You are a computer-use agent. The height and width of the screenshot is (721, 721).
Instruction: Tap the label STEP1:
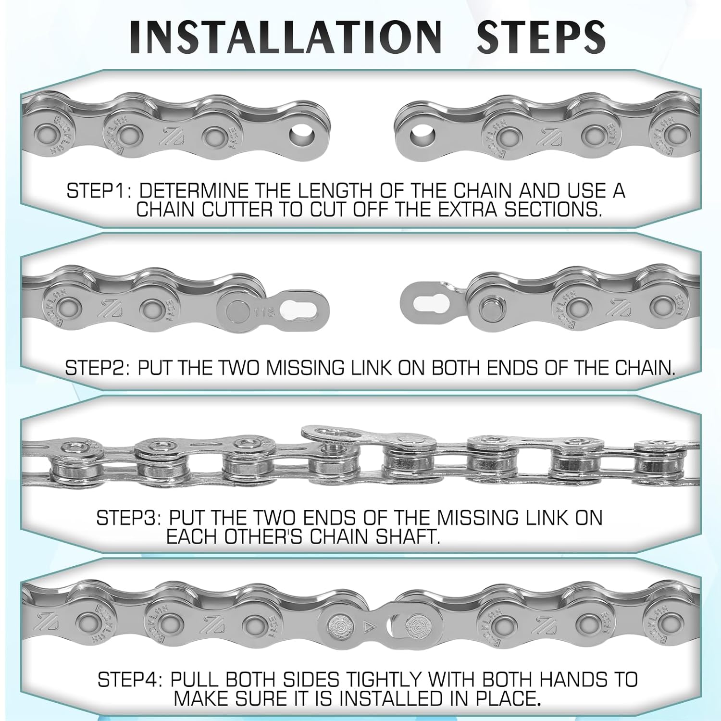pos(99,191)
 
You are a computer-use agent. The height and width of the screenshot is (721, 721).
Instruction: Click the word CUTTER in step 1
pos(242,210)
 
